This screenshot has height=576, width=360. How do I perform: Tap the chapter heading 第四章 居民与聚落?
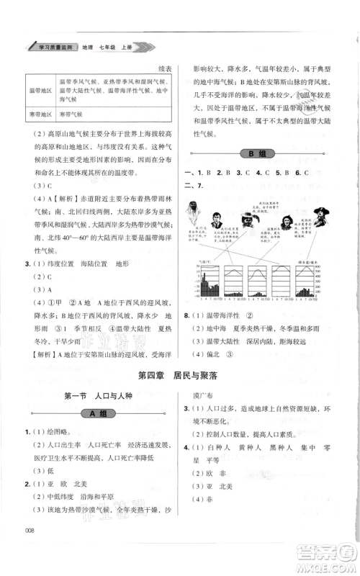pos(180,374)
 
